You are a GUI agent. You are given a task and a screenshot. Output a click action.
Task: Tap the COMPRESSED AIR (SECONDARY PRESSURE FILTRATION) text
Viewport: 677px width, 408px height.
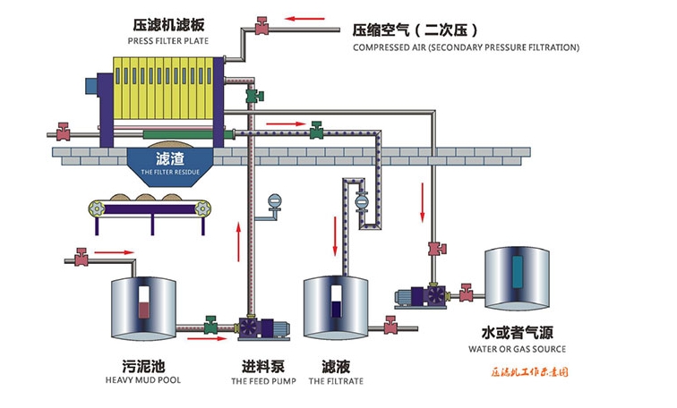[x=466, y=47]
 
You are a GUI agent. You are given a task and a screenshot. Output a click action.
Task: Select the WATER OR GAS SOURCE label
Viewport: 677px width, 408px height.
[x=518, y=349]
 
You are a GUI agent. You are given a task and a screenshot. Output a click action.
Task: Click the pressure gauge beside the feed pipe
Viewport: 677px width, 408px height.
[x=275, y=203]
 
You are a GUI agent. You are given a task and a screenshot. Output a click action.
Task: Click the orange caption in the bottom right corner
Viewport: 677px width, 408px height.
[x=530, y=370]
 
